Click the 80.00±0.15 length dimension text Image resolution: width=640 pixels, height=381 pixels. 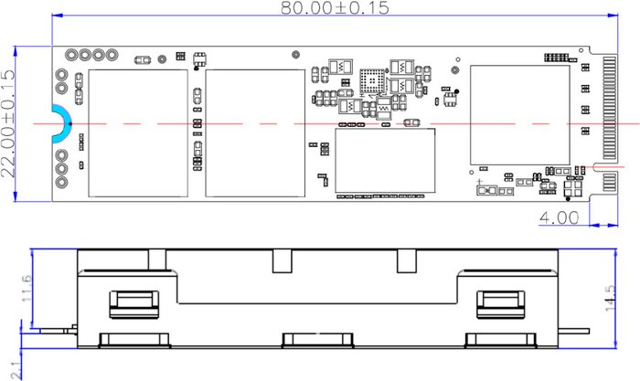pyautogui.click(x=336, y=7)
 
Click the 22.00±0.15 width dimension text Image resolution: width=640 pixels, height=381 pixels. pyautogui.click(x=7, y=124)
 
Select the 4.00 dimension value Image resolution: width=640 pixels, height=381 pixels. pyautogui.click(x=559, y=217)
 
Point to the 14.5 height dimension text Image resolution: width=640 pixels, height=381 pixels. pyautogui.click(x=610, y=298)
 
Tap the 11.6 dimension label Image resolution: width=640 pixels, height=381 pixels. pyautogui.click(x=27, y=289)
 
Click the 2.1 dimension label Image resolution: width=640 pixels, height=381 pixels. pyautogui.click(x=16, y=370)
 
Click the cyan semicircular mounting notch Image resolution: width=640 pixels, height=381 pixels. pyautogui.click(x=60, y=124)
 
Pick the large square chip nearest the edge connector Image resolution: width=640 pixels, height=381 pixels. pyautogui.click(x=519, y=115)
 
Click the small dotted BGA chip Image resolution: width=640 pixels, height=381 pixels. pyautogui.click(x=372, y=80)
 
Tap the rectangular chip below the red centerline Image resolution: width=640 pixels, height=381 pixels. pyautogui.click(x=385, y=160)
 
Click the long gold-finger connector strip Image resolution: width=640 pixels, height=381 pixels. pyautogui.click(x=610, y=108)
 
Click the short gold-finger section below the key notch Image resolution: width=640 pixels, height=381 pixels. pyautogui.click(x=610, y=182)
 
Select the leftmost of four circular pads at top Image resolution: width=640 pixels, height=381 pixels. pyautogui.click(x=71, y=54)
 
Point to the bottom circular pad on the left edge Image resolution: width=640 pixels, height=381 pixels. pyautogui.click(x=61, y=182)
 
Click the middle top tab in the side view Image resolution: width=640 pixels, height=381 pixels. pyautogui.click(x=283, y=261)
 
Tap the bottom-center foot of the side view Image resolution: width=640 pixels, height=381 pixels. pyautogui.click(x=317, y=340)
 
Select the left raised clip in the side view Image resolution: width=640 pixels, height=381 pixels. pyautogui.click(x=133, y=304)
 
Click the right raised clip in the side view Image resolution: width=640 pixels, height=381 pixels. pyautogui.click(x=501, y=304)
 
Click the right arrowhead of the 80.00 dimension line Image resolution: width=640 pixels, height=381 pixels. pyautogui.click(x=613, y=16)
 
